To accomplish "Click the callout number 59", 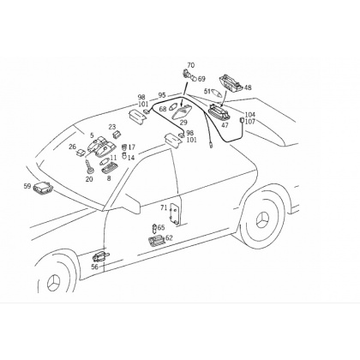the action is pos(27,186).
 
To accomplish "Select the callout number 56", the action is pos(94,267).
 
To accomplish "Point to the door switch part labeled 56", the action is pos(100,256).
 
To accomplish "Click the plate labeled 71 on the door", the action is pos(176,213).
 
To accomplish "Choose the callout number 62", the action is pos(169,237).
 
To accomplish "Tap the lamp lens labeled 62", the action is pos(156,241).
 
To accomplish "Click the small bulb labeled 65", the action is pos(154,228).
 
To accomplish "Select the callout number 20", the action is pos(89,179).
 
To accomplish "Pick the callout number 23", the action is pos(112,127).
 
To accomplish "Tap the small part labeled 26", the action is pos(81,153).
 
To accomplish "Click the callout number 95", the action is pos(162,94).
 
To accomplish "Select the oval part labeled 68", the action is pos(172,108).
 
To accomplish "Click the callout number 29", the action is pos(183,123).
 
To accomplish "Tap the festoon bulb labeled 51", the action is pos(218,93).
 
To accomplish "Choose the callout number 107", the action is pos(249,122).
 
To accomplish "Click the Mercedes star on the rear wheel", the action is pos(263,220).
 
